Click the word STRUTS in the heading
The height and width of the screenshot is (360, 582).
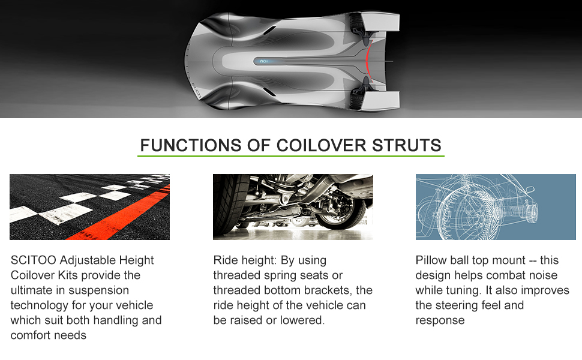tap(406, 145)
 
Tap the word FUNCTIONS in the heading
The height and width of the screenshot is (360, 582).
tap(190, 145)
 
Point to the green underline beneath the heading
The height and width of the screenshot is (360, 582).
tap(290, 156)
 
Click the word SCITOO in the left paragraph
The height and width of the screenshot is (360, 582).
tap(34, 260)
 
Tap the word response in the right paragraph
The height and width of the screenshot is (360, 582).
tap(440, 320)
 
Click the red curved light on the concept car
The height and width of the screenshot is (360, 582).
tap(367, 60)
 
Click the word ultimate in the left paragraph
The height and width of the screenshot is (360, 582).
tap(32, 290)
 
